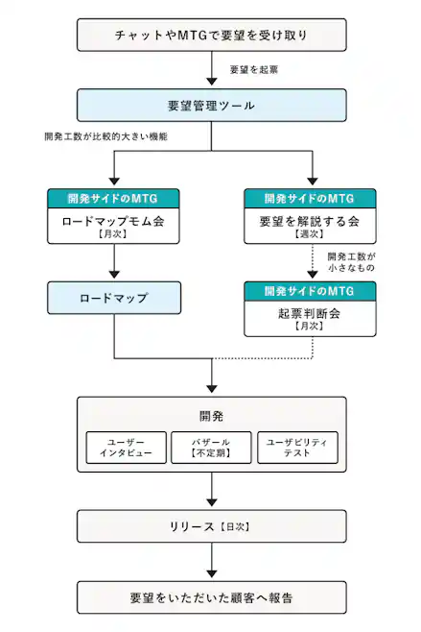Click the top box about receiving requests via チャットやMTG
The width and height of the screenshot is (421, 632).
click(x=210, y=36)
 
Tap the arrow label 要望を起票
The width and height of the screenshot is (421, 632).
click(x=254, y=70)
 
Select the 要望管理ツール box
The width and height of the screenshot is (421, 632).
click(x=210, y=106)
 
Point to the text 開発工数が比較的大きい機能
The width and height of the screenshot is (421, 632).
click(x=106, y=137)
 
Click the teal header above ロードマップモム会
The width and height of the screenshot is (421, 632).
click(x=113, y=198)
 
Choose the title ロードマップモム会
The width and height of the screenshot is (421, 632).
click(x=113, y=220)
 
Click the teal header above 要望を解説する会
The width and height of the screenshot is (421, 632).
click(x=310, y=198)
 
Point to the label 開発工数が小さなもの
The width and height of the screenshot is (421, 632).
click(x=351, y=262)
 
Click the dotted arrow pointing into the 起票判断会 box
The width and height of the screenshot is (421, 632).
click(x=310, y=265)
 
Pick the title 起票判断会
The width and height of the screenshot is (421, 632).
click(x=310, y=312)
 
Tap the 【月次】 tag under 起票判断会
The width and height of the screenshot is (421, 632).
click(x=310, y=327)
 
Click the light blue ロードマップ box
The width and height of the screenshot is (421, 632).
click(x=113, y=298)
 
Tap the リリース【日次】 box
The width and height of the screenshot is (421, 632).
click(x=210, y=527)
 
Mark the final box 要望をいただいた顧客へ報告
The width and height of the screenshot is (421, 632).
click(x=210, y=596)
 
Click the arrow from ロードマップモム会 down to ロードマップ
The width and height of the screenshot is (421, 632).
click(x=113, y=262)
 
